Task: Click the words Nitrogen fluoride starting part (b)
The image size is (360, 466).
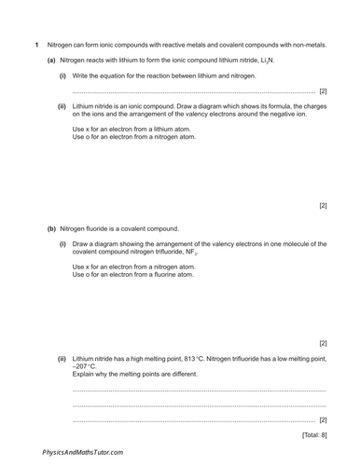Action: [x=89, y=228]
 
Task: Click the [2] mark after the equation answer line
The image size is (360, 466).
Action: [x=323, y=91]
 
